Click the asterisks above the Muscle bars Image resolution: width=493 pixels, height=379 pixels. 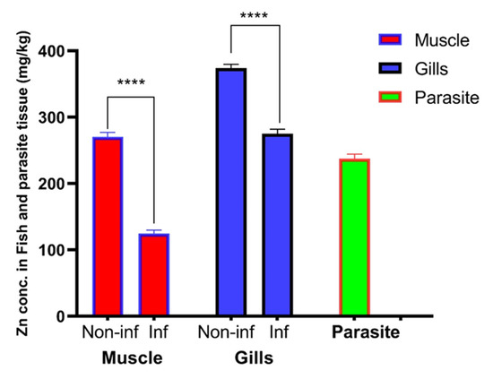(x=131, y=85)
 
